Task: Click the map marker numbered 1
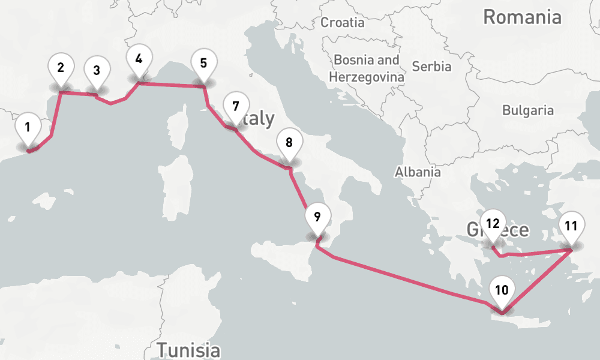coord(28,127)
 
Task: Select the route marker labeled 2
coord(61,67)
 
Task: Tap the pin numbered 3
coord(96,70)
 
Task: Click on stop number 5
coord(203,63)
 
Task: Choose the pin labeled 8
coord(289,143)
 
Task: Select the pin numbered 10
coord(502,290)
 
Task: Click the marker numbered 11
coord(571,226)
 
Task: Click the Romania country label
coord(522,17)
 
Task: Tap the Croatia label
coord(343,23)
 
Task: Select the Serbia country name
coord(431,66)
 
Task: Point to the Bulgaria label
coord(528,110)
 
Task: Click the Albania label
coord(418,172)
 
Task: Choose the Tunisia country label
coord(188,350)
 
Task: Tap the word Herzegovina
coord(366,77)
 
